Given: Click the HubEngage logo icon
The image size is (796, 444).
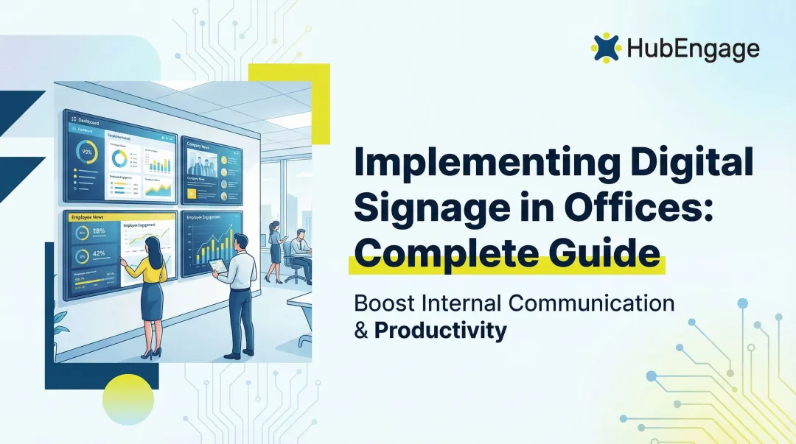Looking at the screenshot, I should tap(606, 47).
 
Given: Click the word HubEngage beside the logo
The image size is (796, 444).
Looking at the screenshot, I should tap(694, 49).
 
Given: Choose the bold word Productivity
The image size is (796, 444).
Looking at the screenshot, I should tap(441, 331).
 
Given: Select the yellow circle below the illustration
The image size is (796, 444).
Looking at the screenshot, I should tap(128, 398).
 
